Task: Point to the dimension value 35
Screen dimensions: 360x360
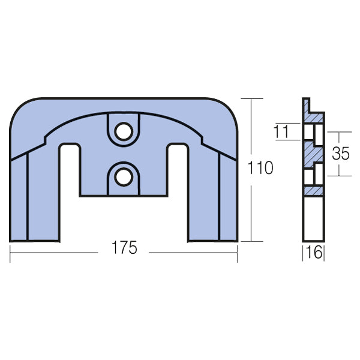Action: (340, 154)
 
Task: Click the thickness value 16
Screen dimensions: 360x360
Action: (314, 252)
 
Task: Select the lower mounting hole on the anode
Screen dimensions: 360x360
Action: (124, 176)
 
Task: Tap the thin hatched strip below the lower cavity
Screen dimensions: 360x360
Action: (314, 190)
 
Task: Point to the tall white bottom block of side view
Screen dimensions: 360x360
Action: (314, 219)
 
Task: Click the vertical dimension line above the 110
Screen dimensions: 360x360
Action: (251, 126)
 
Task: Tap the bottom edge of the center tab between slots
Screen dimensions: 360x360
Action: (124, 196)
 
